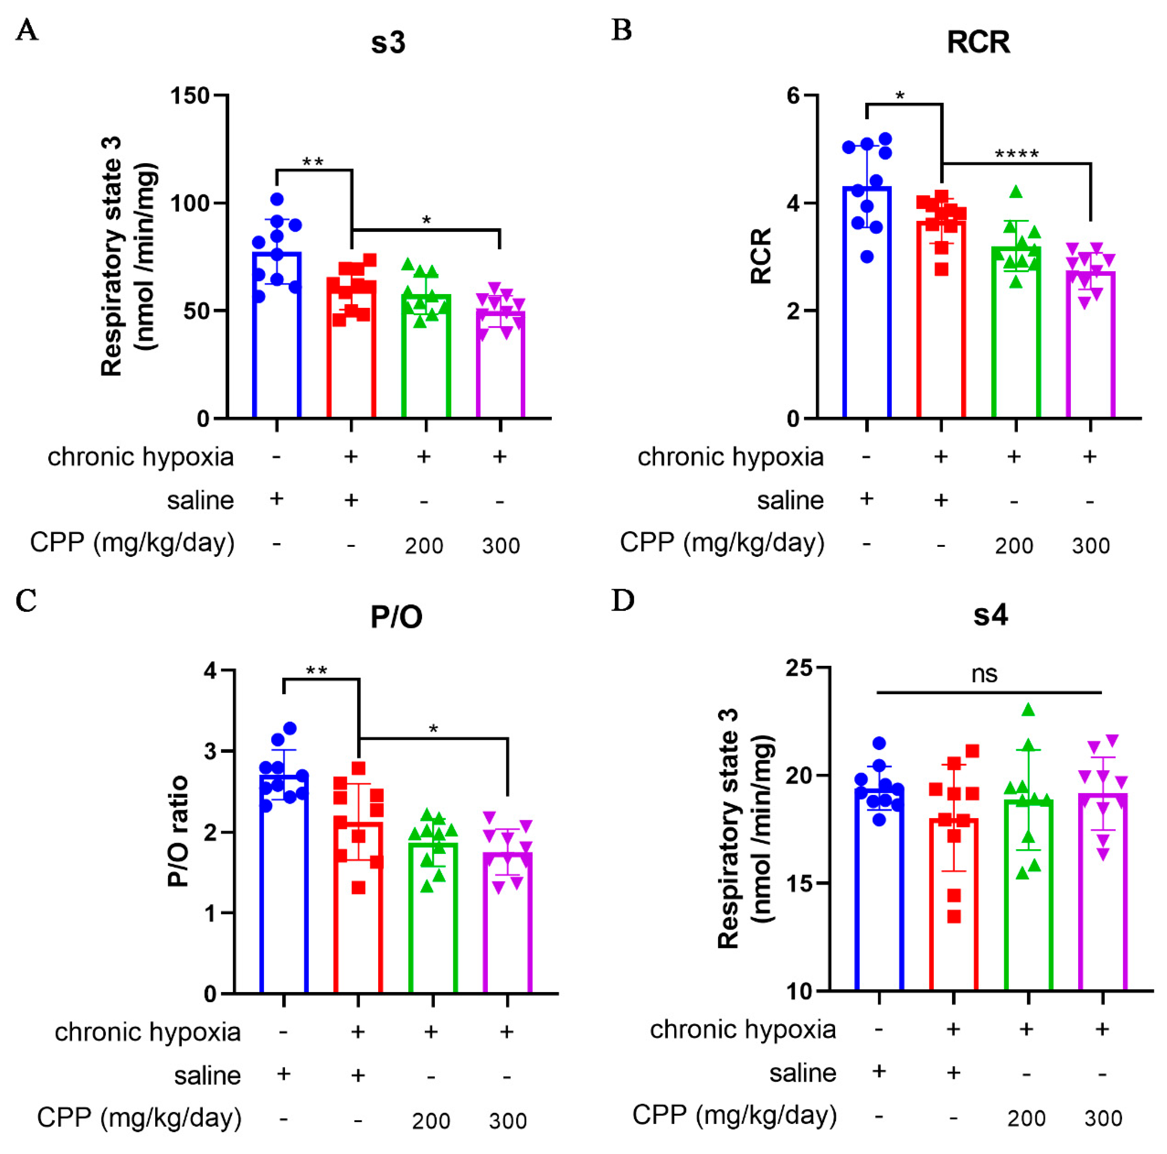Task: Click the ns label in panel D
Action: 984,674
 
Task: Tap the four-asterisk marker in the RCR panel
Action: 1016,155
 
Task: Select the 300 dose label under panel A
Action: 501,545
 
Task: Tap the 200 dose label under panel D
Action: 1026,1118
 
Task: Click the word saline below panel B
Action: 790,500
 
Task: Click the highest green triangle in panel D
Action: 1028,710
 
